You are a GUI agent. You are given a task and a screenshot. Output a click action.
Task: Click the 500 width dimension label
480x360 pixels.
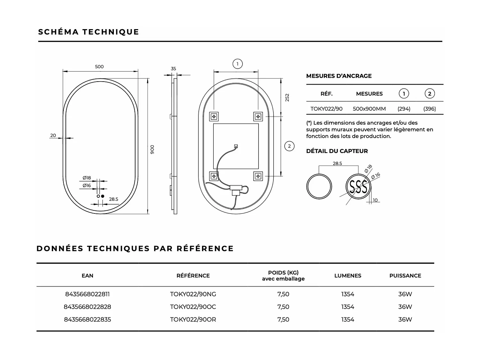(99, 67)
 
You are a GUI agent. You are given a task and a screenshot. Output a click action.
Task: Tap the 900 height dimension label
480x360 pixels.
(152, 149)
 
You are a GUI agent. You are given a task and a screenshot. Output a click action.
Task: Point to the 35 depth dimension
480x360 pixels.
(173, 68)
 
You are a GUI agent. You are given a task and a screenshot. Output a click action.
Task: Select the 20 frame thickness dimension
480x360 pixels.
(53, 135)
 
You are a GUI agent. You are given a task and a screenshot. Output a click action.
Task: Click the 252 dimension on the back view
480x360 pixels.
(287, 98)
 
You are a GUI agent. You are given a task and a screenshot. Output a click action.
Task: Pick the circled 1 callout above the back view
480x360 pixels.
(237, 64)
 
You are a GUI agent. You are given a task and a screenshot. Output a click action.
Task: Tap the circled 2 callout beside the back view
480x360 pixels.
(289, 146)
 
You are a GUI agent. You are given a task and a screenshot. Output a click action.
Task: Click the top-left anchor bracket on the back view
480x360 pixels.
(214, 116)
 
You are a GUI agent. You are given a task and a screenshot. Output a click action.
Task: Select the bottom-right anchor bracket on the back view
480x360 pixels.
(258, 176)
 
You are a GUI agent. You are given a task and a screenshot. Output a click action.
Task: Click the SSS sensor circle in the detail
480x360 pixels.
(358, 187)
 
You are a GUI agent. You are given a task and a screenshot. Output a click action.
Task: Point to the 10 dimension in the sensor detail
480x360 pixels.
(375, 200)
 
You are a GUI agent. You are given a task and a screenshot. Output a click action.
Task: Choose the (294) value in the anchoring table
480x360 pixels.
(404, 109)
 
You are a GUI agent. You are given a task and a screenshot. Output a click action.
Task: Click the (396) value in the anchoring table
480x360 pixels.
(429, 109)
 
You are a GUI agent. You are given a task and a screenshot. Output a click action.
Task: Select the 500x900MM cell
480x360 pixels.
(369, 109)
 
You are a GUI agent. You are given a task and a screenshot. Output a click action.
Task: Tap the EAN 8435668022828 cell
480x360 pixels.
(87, 307)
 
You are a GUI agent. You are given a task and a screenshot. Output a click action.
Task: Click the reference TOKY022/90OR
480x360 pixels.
(193, 319)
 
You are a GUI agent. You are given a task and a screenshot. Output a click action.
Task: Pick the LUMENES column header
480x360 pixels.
(348, 276)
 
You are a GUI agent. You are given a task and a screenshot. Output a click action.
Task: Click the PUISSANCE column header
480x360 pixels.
(405, 276)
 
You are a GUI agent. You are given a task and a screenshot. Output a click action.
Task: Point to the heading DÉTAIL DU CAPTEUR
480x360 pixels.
(337, 151)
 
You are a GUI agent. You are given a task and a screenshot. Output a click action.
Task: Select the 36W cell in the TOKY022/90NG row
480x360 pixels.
(405, 294)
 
